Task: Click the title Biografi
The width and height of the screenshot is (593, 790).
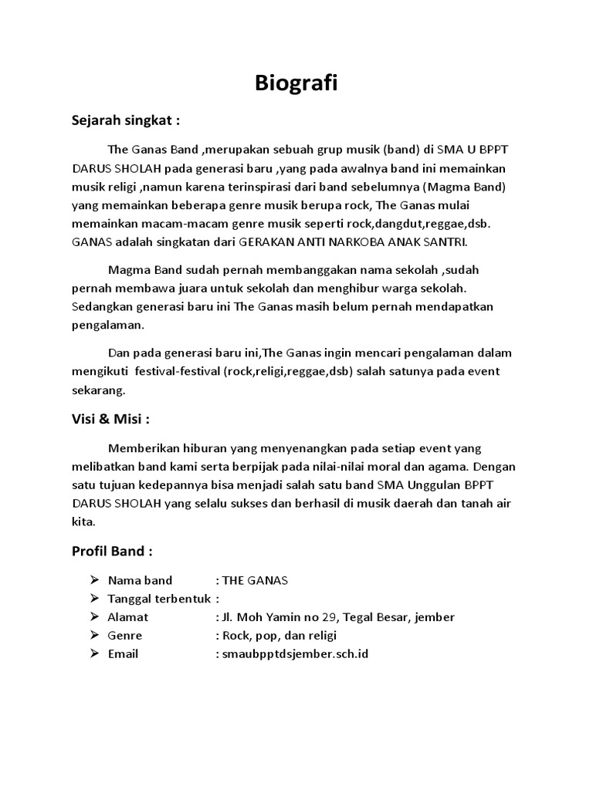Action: point(296,83)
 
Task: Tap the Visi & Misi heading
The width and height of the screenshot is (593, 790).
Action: point(110,419)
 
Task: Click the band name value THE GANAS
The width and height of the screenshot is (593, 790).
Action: point(255,580)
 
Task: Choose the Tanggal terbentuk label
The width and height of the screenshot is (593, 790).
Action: point(159,599)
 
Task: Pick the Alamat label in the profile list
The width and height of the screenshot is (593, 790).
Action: point(128,617)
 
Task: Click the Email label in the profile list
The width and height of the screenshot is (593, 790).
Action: point(124,653)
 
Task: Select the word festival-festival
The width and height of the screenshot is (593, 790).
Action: point(177,371)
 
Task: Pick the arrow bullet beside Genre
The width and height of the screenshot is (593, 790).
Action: point(94,636)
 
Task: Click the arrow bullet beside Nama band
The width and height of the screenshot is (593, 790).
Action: point(94,580)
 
